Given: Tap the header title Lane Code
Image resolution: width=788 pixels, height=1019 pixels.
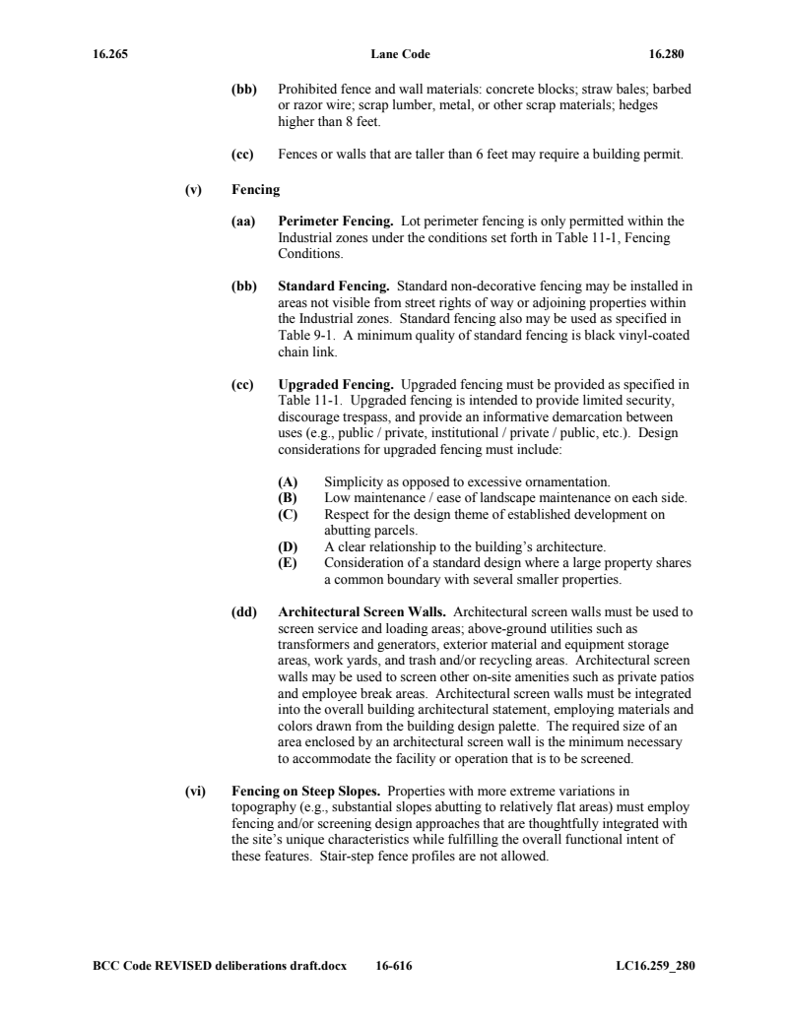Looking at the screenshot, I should (x=400, y=53).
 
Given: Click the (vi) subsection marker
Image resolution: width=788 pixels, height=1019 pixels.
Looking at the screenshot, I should (x=195, y=791).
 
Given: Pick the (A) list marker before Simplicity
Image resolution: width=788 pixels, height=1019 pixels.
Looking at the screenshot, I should (x=288, y=481).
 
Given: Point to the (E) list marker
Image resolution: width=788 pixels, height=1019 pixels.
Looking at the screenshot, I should (x=288, y=563).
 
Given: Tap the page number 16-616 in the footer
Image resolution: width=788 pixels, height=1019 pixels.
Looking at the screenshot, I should (x=394, y=966).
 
